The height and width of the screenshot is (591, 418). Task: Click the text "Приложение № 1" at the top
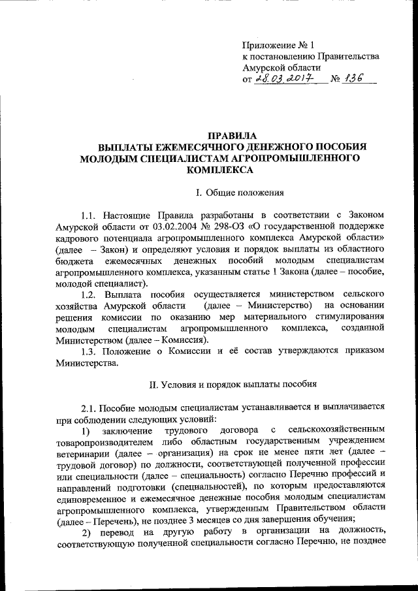(278, 46)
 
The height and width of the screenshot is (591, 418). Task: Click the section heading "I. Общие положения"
(234, 193)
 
